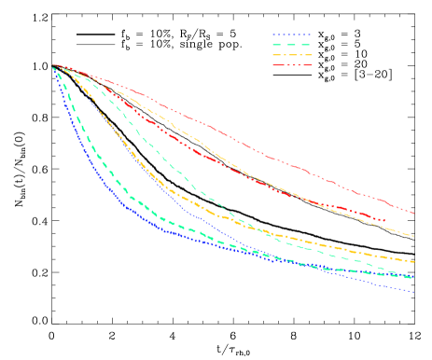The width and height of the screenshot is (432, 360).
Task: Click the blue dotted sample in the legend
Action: click(x=291, y=35)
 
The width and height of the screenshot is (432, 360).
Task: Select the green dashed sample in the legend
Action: click(x=291, y=45)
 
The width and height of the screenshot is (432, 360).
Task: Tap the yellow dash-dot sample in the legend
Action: click(x=291, y=55)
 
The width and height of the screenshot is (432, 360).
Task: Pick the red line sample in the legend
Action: click(x=291, y=65)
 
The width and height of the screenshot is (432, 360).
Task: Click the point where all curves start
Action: click(x=53, y=66)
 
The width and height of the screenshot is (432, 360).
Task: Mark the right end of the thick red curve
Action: click(x=385, y=221)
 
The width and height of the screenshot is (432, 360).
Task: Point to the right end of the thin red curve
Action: click(x=414, y=214)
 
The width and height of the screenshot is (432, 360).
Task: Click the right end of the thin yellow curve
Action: click(x=414, y=236)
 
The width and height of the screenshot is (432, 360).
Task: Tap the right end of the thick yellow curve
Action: click(x=414, y=261)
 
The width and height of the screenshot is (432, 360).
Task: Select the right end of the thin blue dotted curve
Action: click(x=414, y=292)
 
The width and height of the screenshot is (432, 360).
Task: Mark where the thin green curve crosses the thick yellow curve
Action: click(x=244, y=224)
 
